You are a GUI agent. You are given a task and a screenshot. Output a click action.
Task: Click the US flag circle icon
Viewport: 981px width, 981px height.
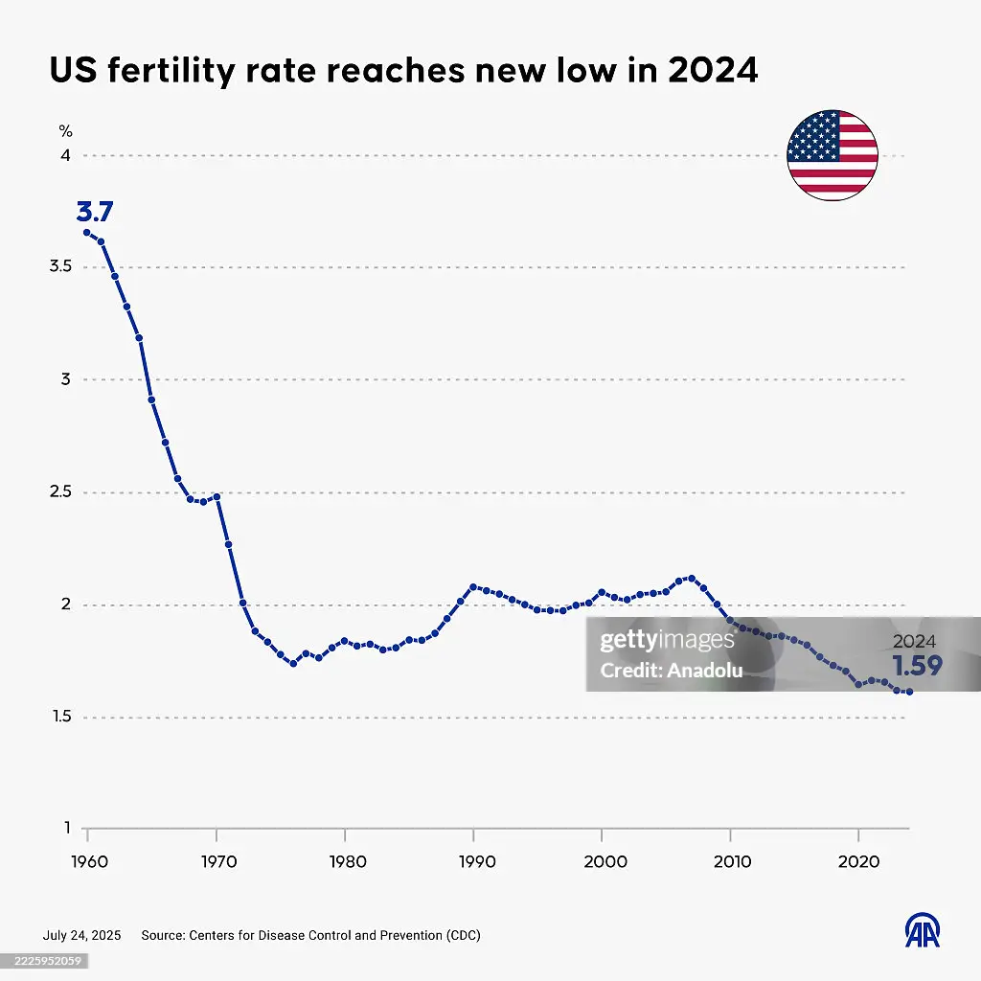832,155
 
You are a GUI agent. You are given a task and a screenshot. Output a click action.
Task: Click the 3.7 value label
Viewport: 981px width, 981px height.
95,212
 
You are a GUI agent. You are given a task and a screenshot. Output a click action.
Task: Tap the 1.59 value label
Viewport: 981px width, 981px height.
917,666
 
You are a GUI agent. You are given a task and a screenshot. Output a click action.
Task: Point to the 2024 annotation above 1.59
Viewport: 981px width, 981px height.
914,643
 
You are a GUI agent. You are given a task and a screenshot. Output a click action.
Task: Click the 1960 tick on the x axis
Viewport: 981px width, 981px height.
87,861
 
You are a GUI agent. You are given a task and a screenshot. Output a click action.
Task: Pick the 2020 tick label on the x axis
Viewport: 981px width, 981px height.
859,861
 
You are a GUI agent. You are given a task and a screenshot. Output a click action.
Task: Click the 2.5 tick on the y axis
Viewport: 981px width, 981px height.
60,492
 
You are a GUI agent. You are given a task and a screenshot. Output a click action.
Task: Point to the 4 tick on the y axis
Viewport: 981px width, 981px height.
66,155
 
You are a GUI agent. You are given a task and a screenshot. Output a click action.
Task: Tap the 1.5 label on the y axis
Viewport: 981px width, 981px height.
61,718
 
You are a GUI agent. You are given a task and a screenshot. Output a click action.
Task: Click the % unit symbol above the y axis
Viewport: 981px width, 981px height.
65,131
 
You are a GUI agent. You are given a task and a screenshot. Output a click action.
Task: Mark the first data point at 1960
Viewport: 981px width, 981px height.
87,232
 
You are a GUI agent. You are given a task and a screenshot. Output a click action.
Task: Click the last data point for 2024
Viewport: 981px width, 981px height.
909,692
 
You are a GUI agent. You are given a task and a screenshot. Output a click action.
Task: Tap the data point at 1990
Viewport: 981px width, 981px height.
473,586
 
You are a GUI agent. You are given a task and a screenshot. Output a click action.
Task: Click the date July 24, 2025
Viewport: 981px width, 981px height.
81,935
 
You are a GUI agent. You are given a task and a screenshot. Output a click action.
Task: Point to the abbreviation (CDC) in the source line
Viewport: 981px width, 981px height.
457,935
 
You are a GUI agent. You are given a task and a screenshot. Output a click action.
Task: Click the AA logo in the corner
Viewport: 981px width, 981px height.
923,928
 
